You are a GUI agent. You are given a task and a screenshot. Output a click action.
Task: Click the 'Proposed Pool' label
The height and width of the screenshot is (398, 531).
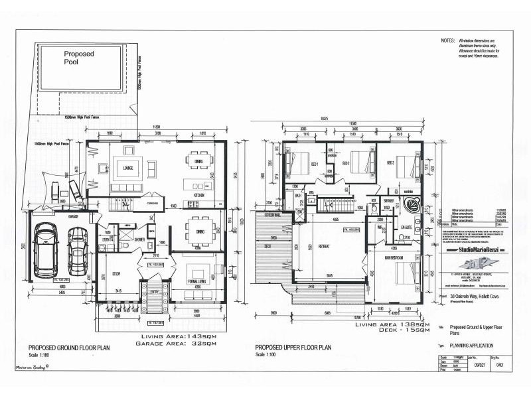pyautogui.click(x=79, y=58)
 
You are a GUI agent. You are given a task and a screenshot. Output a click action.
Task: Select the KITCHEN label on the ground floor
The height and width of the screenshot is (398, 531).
pyautogui.click(x=198, y=196)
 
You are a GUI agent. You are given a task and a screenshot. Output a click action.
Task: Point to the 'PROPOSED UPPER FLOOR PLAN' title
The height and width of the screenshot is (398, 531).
pyautogui.click(x=293, y=348)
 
